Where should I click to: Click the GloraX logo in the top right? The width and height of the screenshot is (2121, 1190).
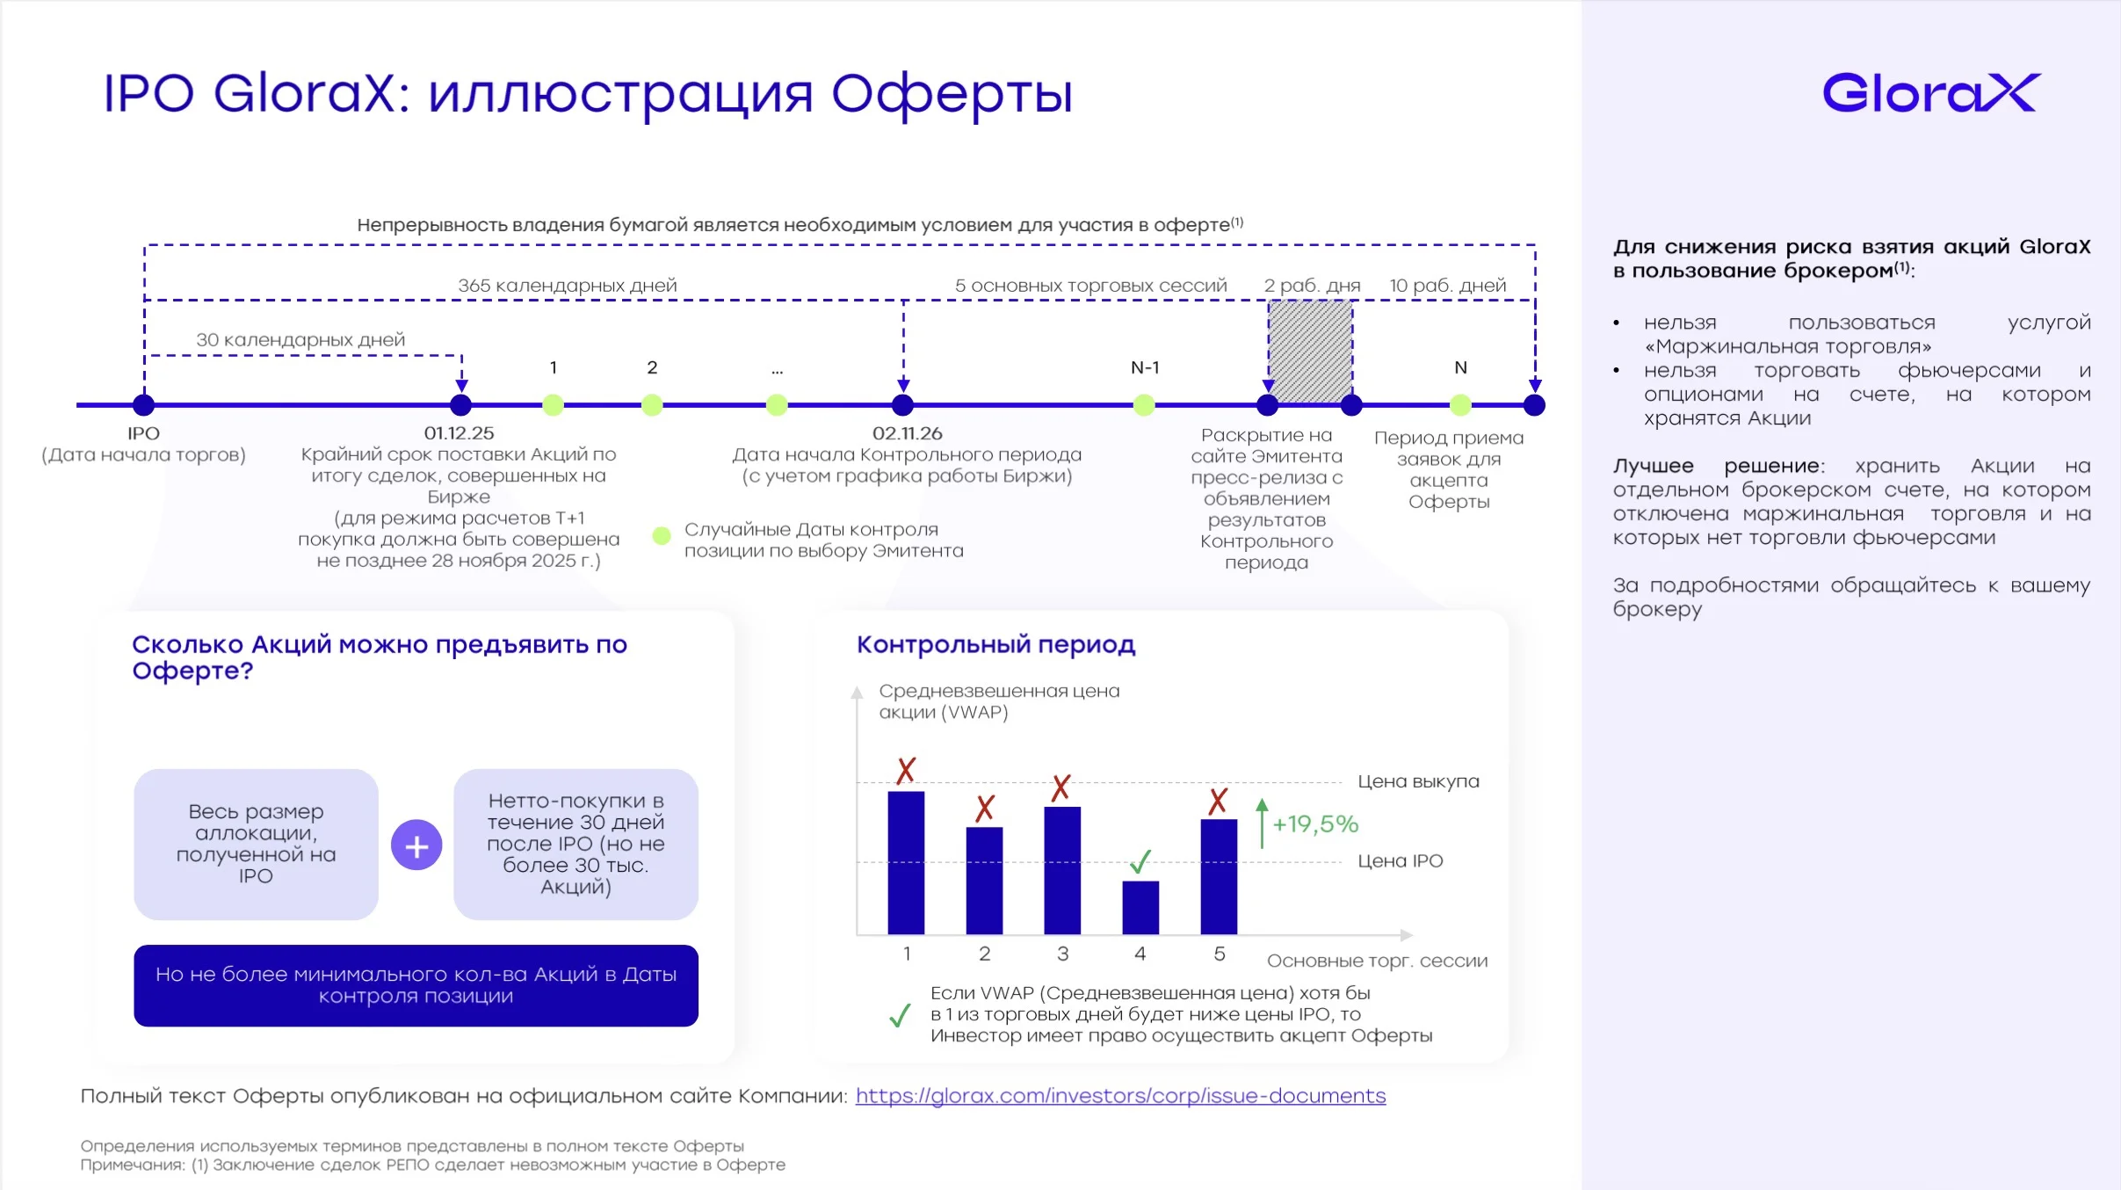pyautogui.click(x=1930, y=93)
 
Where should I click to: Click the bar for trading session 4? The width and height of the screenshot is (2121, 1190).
pyautogui.click(x=1140, y=907)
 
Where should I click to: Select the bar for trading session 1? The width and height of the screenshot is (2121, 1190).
pyautogui.click(x=906, y=862)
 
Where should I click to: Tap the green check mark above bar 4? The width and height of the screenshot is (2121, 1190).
pyautogui.click(x=1140, y=862)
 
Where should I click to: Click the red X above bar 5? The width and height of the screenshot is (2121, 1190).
pyautogui.click(x=1218, y=801)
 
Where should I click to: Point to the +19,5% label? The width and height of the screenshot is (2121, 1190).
pyautogui.click(x=1315, y=824)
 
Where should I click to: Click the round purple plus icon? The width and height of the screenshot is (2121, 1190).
pyautogui.click(x=416, y=845)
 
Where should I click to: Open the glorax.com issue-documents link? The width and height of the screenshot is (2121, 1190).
pyautogui.click(x=1120, y=1096)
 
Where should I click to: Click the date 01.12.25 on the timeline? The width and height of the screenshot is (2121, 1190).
pyautogui.click(x=459, y=433)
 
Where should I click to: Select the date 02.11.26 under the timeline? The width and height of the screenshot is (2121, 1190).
pyautogui.click(x=907, y=433)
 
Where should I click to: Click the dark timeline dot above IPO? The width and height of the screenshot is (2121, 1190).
pyautogui.click(x=143, y=405)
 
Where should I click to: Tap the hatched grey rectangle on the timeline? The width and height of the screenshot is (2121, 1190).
pyautogui.click(x=1310, y=352)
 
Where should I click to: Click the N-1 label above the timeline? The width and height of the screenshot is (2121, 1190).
pyautogui.click(x=1145, y=367)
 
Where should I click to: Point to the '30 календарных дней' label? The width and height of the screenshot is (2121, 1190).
pyautogui.click(x=300, y=340)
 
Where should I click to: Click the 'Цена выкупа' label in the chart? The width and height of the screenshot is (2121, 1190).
pyautogui.click(x=1418, y=781)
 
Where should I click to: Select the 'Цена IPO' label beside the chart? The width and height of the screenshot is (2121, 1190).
pyautogui.click(x=1401, y=861)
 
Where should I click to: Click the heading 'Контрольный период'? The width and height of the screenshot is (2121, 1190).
pyautogui.click(x=995, y=645)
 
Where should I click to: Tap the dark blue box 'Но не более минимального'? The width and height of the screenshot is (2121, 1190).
pyautogui.click(x=416, y=985)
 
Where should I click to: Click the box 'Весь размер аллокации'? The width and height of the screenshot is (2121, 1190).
pyautogui.click(x=256, y=845)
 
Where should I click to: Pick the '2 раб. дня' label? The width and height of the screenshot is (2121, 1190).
pyautogui.click(x=1312, y=286)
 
